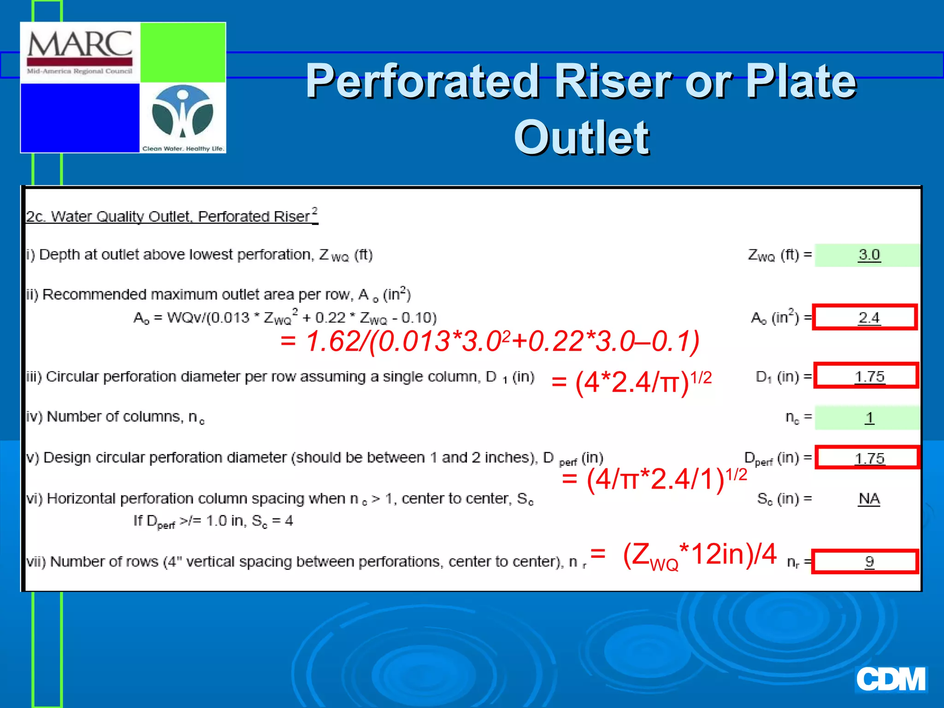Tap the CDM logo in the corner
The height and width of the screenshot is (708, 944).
pyautogui.click(x=891, y=679)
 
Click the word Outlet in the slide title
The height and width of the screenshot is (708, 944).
pyautogui.click(x=581, y=137)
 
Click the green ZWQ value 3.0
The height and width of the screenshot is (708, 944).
pyautogui.click(x=869, y=255)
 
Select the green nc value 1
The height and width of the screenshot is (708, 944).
pyautogui.click(x=869, y=418)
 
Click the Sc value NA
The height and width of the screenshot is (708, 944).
pyautogui.click(x=869, y=499)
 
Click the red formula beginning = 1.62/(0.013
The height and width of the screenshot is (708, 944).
pyautogui.click(x=490, y=342)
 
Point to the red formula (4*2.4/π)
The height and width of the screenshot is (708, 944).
pyautogui.click(x=631, y=382)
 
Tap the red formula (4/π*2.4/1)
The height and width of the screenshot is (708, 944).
pyautogui.click(x=655, y=479)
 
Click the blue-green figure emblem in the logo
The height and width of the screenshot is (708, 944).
pyautogui.click(x=183, y=112)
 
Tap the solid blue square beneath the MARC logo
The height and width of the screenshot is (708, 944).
pyautogui.click(x=80, y=118)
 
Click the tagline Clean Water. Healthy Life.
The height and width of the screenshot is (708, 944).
pyautogui.click(x=183, y=148)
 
